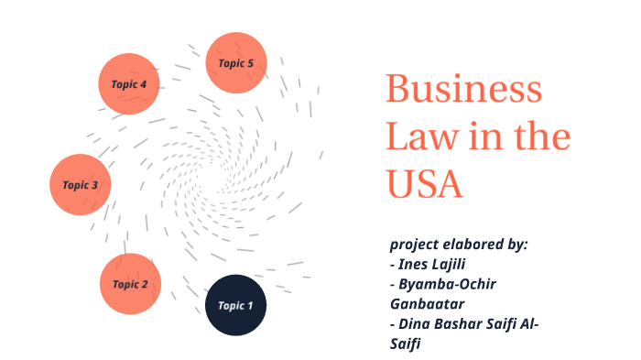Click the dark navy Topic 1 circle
235,305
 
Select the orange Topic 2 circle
130,284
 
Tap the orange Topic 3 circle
81,184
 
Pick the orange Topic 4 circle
129,84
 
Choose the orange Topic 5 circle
235,63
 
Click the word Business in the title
463,92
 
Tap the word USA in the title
424,183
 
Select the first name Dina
417,323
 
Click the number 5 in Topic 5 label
250,63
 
